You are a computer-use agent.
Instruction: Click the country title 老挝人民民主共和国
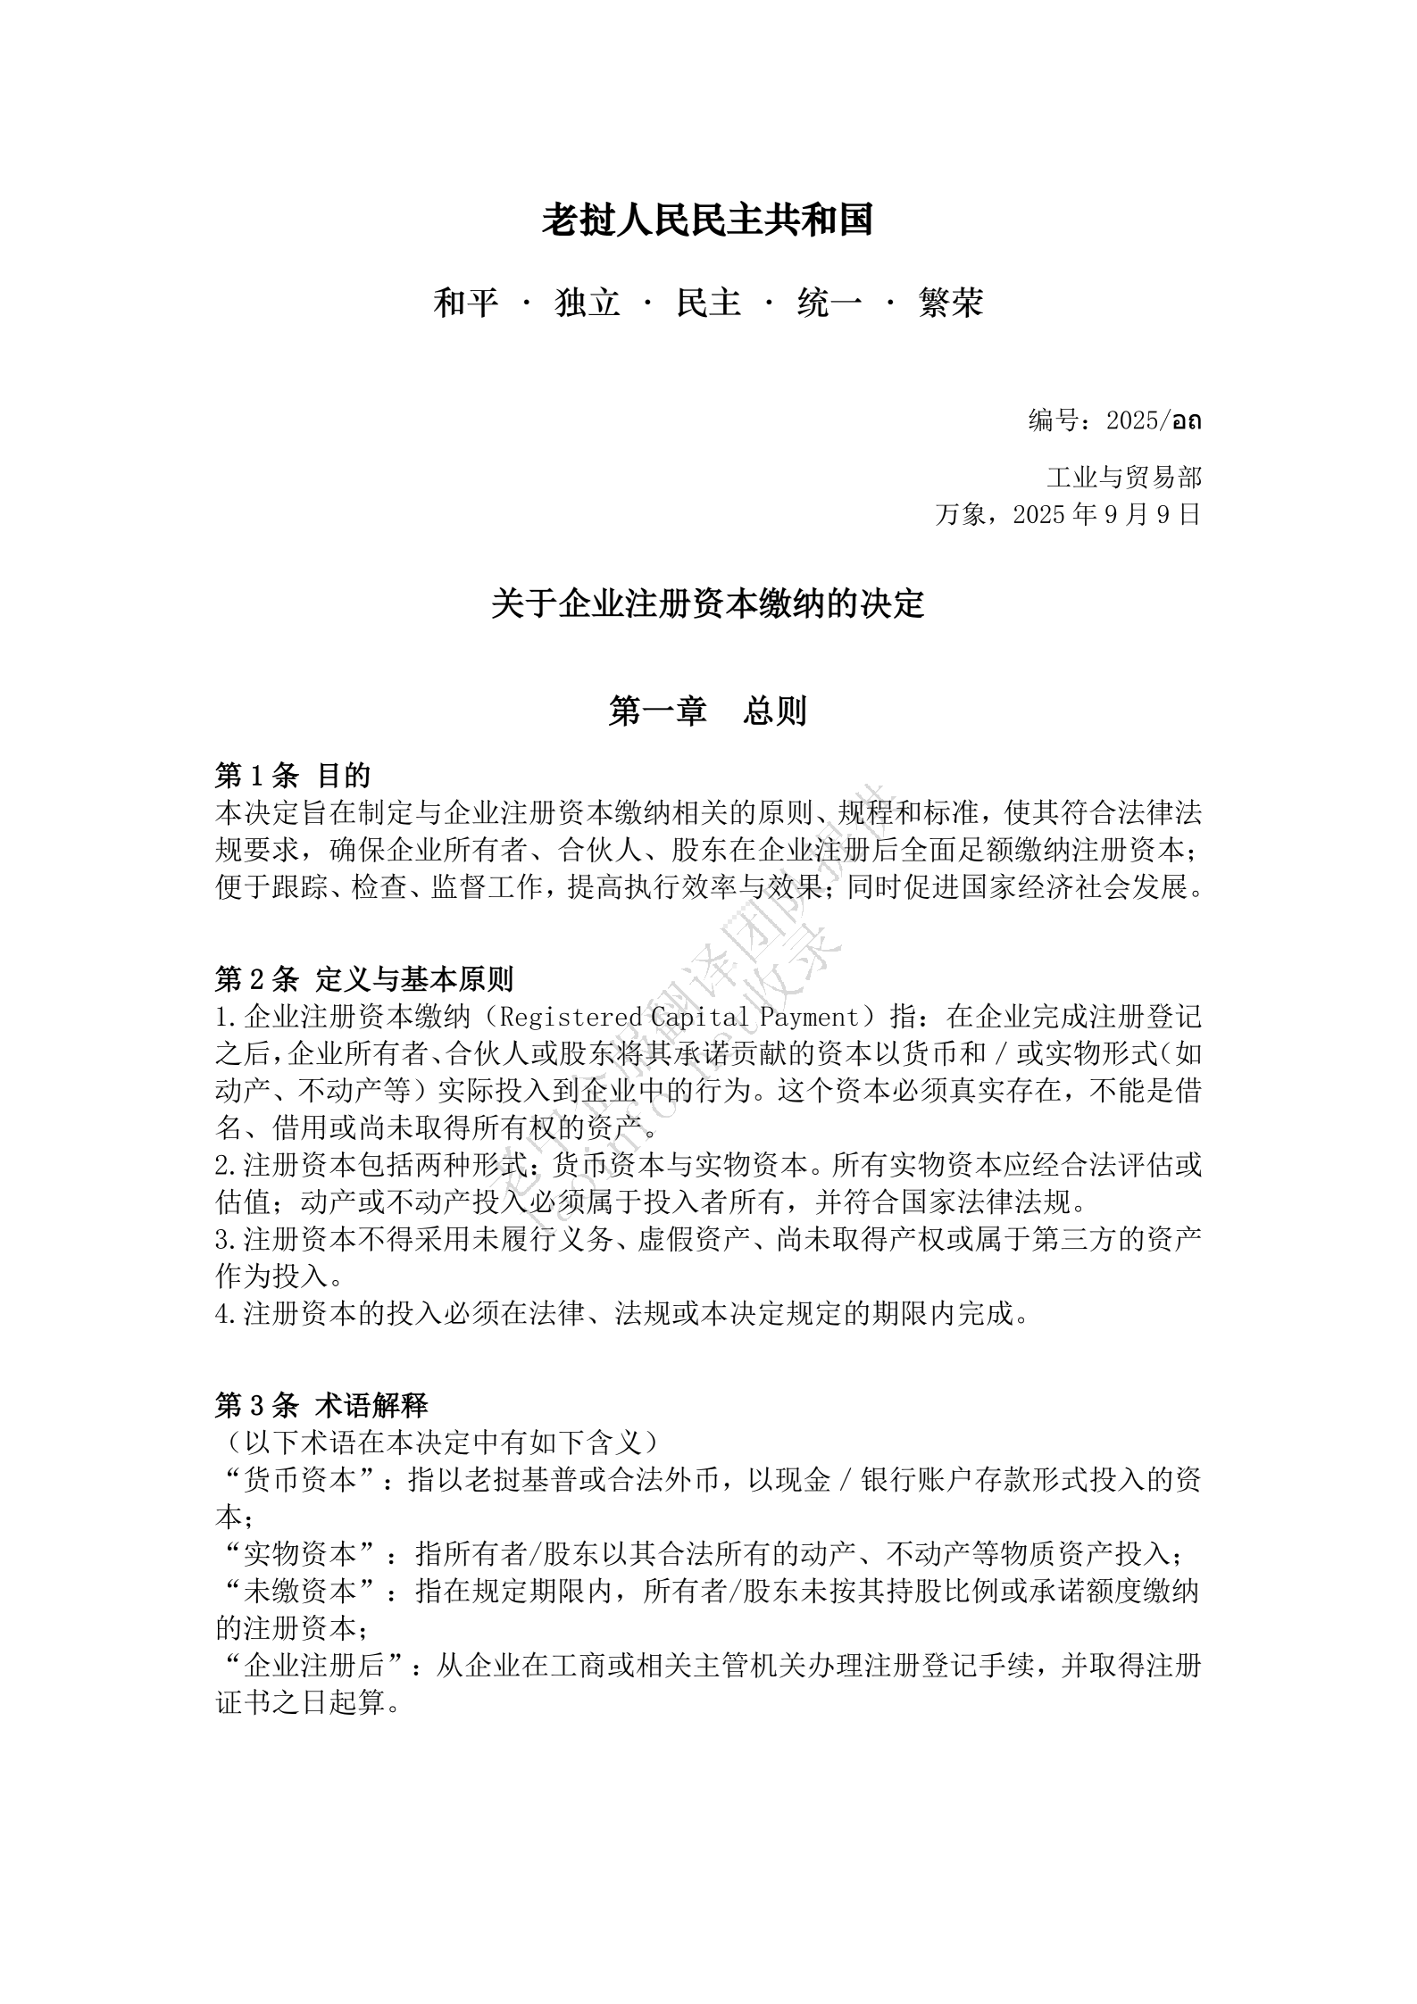707,220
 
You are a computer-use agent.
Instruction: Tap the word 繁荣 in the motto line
950,304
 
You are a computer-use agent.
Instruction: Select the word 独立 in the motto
588,304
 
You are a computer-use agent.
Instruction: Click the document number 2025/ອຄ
1153,420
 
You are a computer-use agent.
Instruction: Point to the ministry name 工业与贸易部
1124,478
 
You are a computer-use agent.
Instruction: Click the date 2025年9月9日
1107,515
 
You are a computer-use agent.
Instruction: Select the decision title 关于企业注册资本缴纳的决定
707,604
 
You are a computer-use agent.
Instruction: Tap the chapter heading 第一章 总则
707,711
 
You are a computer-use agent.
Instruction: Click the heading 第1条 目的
293,776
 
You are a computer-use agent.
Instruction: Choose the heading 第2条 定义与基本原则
364,979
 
